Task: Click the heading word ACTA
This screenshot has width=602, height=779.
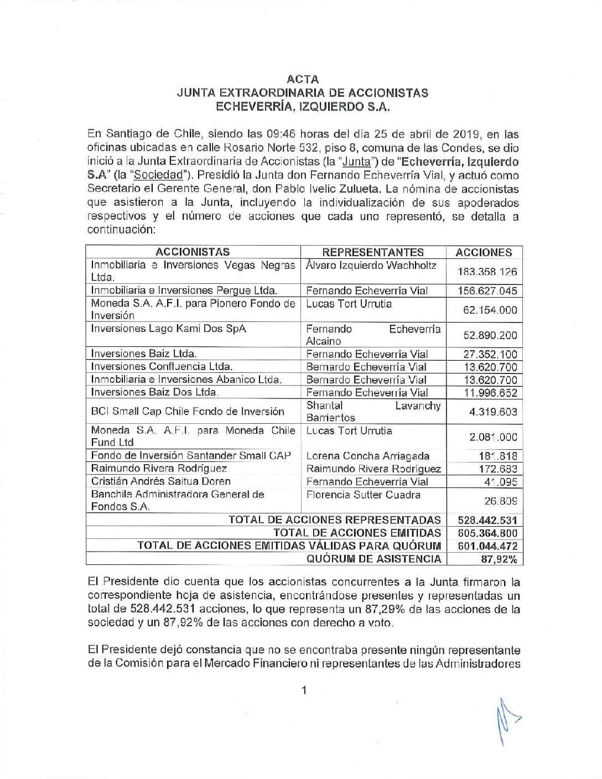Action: [303, 79]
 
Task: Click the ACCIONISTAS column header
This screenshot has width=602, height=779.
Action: [193, 252]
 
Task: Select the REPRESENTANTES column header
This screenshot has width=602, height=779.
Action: [373, 252]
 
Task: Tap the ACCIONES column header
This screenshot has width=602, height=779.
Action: [484, 252]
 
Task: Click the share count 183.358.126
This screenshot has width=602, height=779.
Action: [487, 272]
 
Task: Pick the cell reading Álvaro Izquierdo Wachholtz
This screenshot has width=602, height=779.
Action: [371, 266]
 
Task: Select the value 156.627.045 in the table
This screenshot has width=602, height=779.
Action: [487, 291]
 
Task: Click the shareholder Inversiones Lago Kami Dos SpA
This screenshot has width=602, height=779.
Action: [168, 329]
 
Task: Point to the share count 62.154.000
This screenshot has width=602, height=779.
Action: [490, 310]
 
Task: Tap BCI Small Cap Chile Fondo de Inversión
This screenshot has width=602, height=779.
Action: [188, 412]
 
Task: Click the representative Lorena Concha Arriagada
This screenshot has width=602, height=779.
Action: [368, 456]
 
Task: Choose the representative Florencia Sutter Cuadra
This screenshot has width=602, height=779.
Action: [363, 495]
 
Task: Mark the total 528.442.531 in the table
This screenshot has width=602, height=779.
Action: [487, 520]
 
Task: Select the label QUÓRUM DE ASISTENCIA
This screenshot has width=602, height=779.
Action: [374, 559]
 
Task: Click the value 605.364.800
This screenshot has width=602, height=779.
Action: [487, 533]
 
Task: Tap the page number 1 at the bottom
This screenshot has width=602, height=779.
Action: [304, 690]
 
